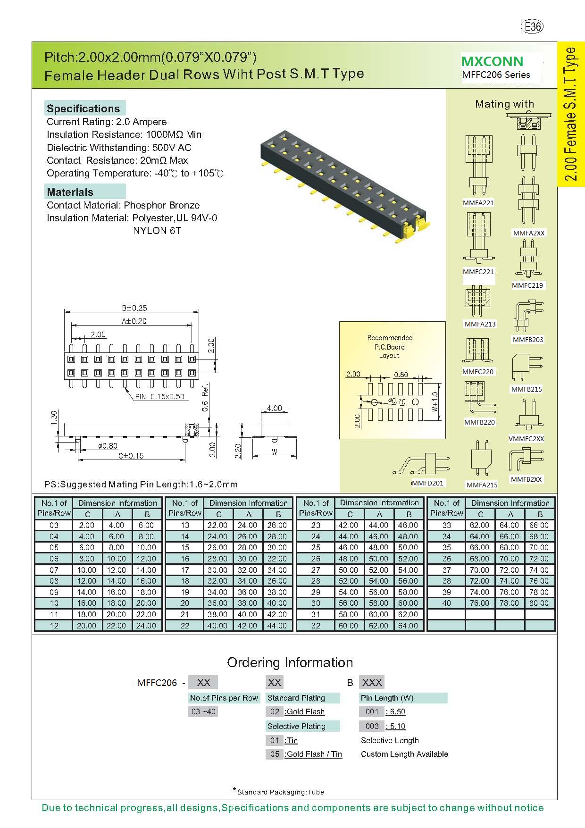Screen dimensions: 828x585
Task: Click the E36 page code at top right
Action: [x=532, y=27]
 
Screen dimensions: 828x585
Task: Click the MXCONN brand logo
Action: [x=492, y=61]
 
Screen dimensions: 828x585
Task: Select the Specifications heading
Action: [x=84, y=109]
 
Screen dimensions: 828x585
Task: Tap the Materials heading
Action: [x=70, y=192]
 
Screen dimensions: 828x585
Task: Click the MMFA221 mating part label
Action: [x=478, y=203]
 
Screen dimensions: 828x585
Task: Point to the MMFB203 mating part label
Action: [x=528, y=340]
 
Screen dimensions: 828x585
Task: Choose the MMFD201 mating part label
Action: [x=428, y=483]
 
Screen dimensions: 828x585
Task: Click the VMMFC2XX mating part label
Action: [x=526, y=439]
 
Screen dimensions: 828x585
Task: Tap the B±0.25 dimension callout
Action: [x=134, y=308]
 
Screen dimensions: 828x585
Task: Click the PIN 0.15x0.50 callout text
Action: [x=159, y=397]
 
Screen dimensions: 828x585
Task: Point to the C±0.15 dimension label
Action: [x=131, y=456]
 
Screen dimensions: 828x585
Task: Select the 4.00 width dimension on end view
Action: [x=274, y=409]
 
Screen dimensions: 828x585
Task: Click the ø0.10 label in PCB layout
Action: [x=397, y=401]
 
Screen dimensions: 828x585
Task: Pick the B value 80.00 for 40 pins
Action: [x=539, y=603]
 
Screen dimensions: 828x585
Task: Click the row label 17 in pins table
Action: [x=185, y=570]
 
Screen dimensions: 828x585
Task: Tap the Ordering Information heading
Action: [x=290, y=662]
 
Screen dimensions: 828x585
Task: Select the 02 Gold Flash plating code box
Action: [x=275, y=711]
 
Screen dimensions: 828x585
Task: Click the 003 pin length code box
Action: [x=372, y=726]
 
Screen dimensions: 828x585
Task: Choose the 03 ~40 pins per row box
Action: [x=203, y=711]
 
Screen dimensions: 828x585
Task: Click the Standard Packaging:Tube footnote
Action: [x=279, y=792]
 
